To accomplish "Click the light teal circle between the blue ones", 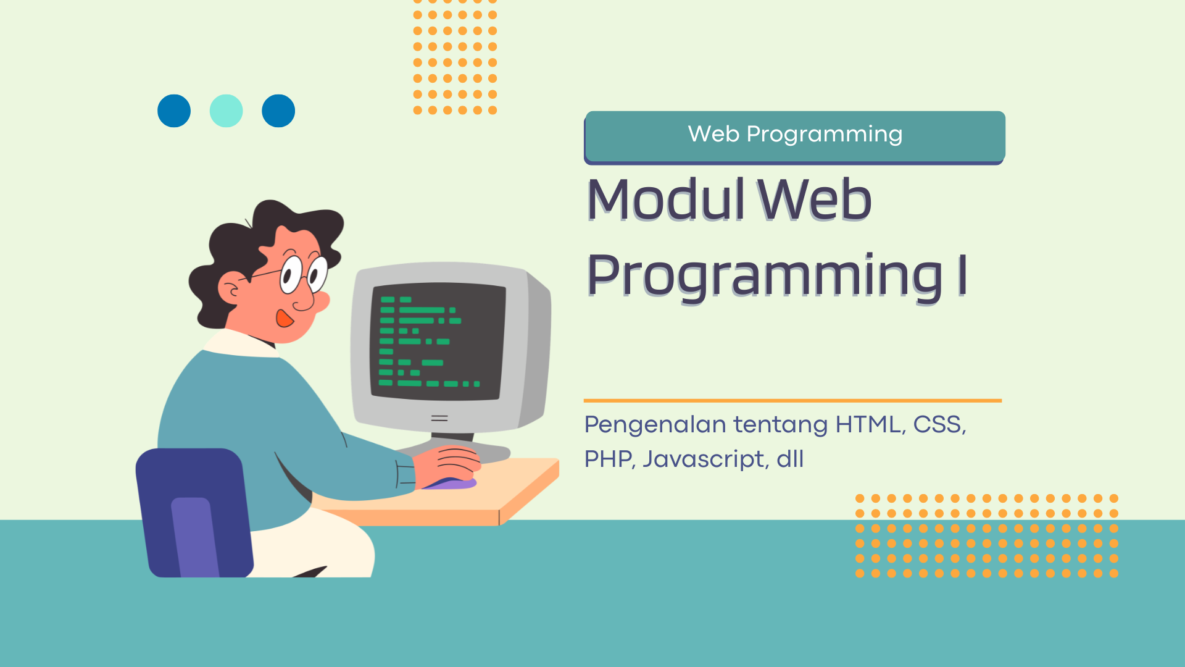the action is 226,111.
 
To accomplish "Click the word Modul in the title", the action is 666,199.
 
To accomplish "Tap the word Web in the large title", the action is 815,199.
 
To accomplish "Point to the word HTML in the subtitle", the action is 868,424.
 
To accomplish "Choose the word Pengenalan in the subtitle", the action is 655,426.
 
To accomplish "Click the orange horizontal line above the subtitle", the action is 792,401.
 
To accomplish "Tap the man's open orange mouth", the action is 284,318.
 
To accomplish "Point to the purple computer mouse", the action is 449,484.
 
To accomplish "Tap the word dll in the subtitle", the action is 790,459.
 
